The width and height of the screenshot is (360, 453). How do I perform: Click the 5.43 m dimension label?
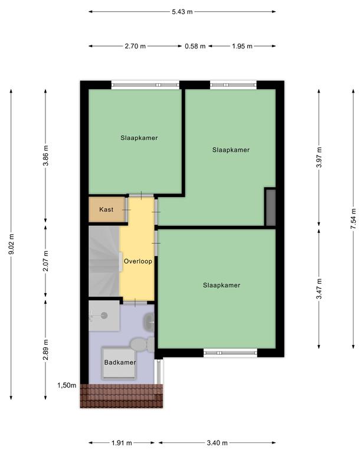pyautogui.click(x=182, y=12)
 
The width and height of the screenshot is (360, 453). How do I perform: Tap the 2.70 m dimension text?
pyautogui.click(x=135, y=46)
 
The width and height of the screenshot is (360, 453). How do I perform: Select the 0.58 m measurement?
pyautogui.click(x=195, y=46)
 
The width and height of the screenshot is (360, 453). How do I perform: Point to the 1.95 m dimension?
pyautogui.click(x=242, y=46)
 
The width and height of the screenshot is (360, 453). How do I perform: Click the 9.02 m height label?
pyautogui.click(x=11, y=244)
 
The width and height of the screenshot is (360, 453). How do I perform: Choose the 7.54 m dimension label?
pyautogui.click(x=353, y=219)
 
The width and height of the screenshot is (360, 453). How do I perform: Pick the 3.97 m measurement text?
pyautogui.click(x=319, y=157)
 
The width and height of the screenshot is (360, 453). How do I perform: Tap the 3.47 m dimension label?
pyautogui.click(x=319, y=289)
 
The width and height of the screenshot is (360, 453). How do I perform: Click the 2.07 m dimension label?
pyautogui.click(x=45, y=261)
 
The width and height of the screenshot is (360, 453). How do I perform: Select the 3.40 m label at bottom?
pyautogui.click(x=217, y=442)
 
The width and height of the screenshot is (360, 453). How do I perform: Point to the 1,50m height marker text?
pyautogui.click(x=67, y=385)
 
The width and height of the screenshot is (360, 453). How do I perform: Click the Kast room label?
pyautogui.click(x=106, y=209)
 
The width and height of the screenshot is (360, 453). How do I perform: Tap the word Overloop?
pyautogui.click(x=138, y=261)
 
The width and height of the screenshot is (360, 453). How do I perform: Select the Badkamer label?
pyautogui.click(x=120, y=362)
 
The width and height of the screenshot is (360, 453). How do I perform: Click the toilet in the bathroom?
pyautogui.click(x=142, y=344)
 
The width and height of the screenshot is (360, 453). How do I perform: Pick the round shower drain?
pyautogui.click(x=104, y=316)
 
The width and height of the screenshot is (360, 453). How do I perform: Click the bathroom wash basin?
pyautogui.click(x=149, y=321)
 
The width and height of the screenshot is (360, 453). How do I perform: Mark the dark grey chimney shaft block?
pyautogui.click(x=271, y=207)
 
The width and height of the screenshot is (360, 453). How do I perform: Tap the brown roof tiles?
pyautogui.click(x=122, y=396)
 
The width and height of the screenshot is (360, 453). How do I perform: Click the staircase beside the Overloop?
pyautogui.click(x=104, y=261)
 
